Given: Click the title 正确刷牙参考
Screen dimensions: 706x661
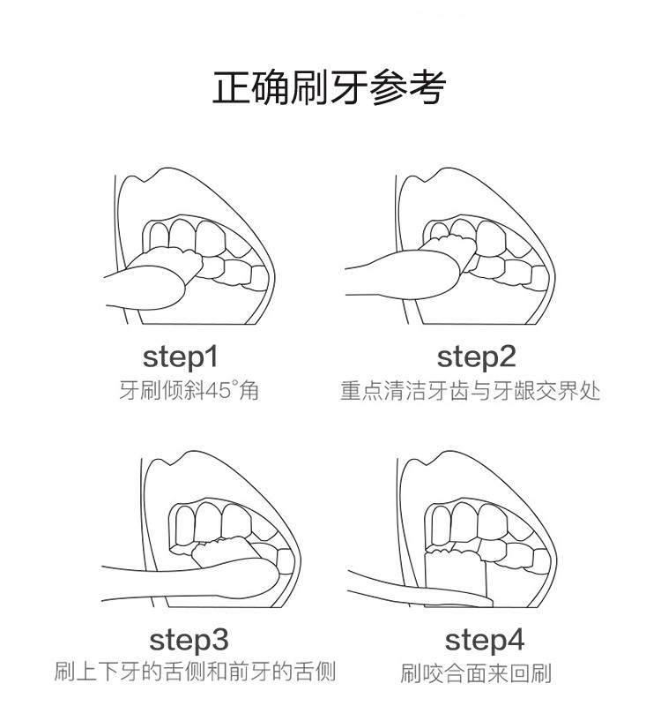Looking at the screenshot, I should click(x=330, y=87).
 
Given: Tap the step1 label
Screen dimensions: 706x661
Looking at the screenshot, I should click(x=180, y=357).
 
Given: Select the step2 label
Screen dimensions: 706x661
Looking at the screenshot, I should click(x=476, y=357).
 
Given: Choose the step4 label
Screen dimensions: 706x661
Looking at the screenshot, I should click(x=484, y=639).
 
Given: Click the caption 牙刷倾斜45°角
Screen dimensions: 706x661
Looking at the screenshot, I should click(x=189, y=390).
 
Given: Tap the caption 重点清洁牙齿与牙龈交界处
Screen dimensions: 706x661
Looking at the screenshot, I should click(x=470, y=390).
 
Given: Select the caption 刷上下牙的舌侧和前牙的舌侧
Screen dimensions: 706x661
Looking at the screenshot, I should click(x=195, y=672).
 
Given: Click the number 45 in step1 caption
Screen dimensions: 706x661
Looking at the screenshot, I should click(x=218, y=390).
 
